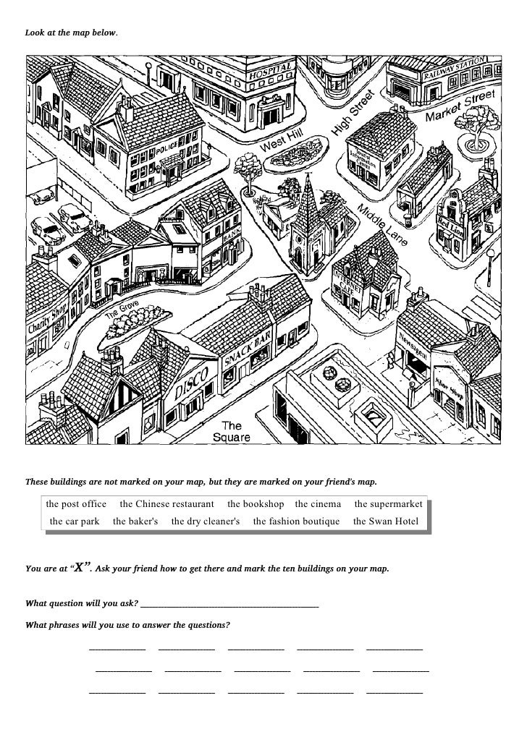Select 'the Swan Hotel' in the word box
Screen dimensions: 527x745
[x=386, y=521]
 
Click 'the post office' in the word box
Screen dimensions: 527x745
[x=75, y=503]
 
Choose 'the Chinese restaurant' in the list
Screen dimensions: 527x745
[x=166, y=503]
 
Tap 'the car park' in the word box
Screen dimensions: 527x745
[x=75, y=521]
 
